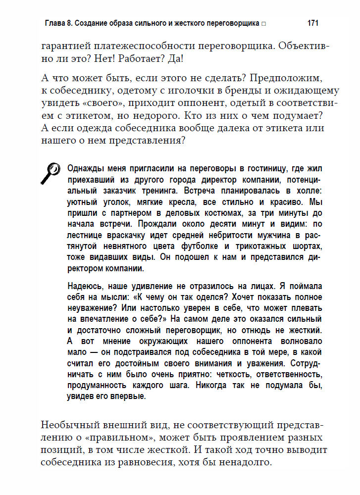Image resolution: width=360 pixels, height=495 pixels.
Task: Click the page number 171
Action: (x=312, y=23)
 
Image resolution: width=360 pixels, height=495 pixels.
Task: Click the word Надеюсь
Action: (x=84, y=286)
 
